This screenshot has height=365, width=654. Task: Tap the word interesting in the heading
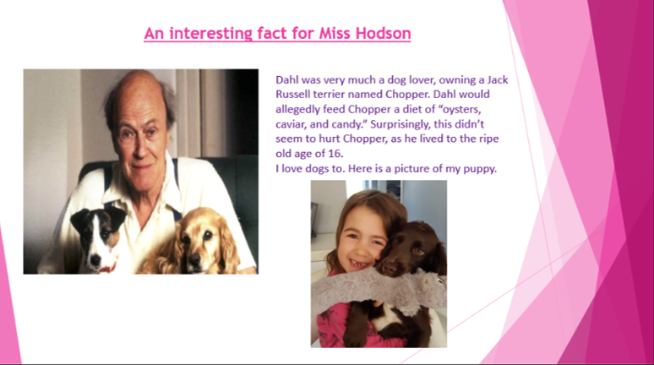[210, 33]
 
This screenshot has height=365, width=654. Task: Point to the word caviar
[291, 124]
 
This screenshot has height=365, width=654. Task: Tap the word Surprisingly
[400, 124]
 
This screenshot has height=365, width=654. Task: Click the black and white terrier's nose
[96, 259]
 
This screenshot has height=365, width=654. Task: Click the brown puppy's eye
[418, 251]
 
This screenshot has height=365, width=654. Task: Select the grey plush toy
[379, 290]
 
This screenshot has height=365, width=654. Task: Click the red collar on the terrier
[108, 268]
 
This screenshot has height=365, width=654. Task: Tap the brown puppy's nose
[389, 270]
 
